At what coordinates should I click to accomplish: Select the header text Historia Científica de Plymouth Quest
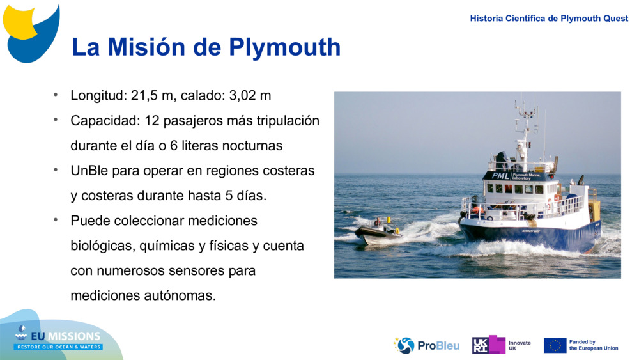549,19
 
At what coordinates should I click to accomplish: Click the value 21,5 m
153,96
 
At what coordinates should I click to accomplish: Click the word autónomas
179,295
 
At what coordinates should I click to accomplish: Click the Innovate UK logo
501,345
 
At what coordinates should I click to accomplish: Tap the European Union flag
555,345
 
